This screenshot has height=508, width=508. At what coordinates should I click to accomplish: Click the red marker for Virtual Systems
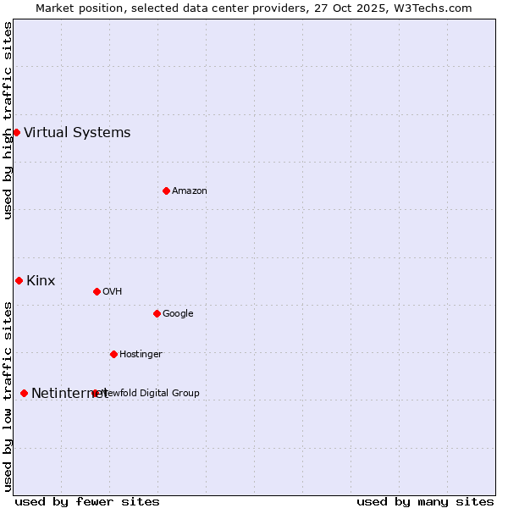pyautogui.click(x=16, y=132)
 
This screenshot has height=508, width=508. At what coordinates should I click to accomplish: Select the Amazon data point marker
pyautogui.click(x=166, y=190)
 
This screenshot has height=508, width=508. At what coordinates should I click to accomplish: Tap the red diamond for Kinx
pyautogui.click(x=19, y=280)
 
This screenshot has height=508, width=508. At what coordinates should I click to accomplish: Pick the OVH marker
pyautogui.click(x=97, y=291)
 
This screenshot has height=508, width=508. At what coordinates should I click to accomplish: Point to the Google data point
pyautogui.click(x=157, y=313)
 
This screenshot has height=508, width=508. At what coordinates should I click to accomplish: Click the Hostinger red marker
pyautogui.click(x=113, y=354)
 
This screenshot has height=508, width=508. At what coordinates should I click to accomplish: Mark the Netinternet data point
pyautogui.click(x=24, y=393)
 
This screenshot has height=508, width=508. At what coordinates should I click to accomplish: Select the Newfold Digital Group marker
pyautogui.click(x=95, y=393)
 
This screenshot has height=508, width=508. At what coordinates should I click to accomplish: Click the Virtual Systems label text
pyautogui.click(x=77, y=132)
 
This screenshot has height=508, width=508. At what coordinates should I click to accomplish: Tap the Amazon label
pyautogui.click(x=190, y=190)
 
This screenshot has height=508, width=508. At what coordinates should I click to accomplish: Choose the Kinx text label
pyautogui.click(x=41, y=280)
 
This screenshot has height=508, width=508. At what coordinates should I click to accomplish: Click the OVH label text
pyautogui.click(x=113, y=291)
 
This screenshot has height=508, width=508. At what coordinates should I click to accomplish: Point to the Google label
pyautogui.click(x=178, y=313)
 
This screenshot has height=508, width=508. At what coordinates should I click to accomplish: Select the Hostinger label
pyautogui.click(x=141, y=354)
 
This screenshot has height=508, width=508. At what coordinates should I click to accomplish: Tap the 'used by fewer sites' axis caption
pyautogui.click(x=87, y=501)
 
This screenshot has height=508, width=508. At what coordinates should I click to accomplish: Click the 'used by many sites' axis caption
pyautogui.click(x=425, y=501)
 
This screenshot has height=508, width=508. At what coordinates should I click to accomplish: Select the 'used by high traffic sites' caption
pyautogui.click(x=8, y=120)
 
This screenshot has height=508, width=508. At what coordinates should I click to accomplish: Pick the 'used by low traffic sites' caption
pyautogui.click(x=8, y=395)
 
